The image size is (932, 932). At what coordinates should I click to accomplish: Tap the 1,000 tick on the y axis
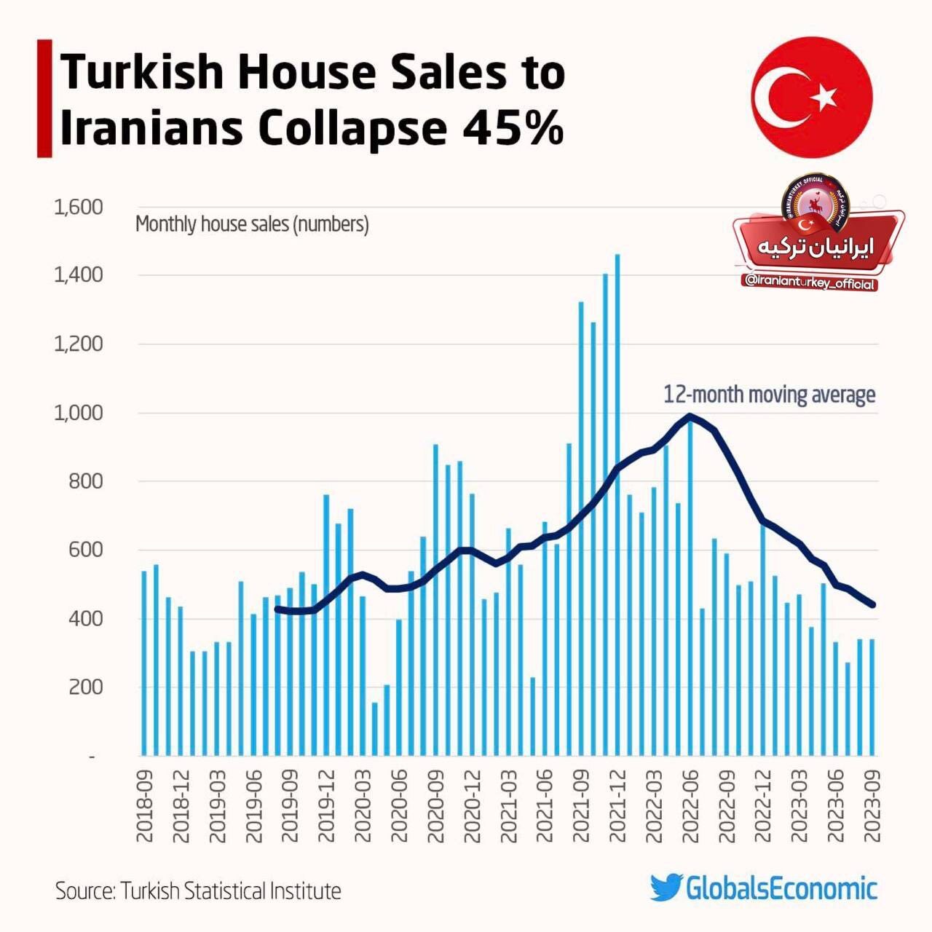click(79, 413)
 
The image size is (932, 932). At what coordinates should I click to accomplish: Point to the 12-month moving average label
click(769, 395)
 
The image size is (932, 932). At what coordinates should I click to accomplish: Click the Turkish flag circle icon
click(811, 97)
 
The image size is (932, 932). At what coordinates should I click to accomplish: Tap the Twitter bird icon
click(666, 888)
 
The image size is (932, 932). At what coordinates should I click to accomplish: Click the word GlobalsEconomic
click(781, 888)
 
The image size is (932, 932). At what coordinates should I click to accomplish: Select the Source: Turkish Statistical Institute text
click(198, 890)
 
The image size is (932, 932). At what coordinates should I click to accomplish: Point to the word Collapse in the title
click(352, 128)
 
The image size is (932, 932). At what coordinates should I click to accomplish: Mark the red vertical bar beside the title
click(44, 98)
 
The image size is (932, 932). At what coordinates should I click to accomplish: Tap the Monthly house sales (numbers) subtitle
click(252, 224)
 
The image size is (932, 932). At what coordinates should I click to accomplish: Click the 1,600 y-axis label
click(79, 208)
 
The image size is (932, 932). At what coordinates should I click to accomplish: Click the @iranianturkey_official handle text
click(809, 283)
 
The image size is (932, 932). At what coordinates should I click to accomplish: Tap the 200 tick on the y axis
click(85, 687)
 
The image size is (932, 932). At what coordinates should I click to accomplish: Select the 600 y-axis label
click(85, 550)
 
